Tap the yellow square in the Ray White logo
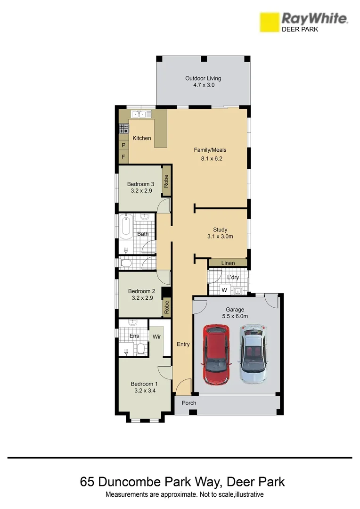pyautogui.click(x=269, y=22)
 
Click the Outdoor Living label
pyautogui.click(x=203, y=78)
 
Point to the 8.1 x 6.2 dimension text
pyautogui.click(x=212, y=159)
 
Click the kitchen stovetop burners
pyautogui.click(x=124, y=129)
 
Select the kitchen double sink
pyautogui.click(x=141, y=114)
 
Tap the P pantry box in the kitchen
pyautogui.click(x=123, y=146)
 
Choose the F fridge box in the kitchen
pyautogui.click(x=123, y=156)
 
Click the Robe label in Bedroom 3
pyautogui.click(x=166, y=181)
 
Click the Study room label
pyautogui.click(x=220, y=230)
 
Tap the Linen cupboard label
pyautogui.click(x=228, y=263)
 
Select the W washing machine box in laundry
pyautogui.click(x=224, y=289)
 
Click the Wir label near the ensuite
pyautogui.click(x=157, y=337)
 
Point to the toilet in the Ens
pyautogui.click(x=140, y=349)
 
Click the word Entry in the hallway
pyautogui.click(x=183, y=345)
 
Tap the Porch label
pyautogui.click(x=189, y=403)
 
